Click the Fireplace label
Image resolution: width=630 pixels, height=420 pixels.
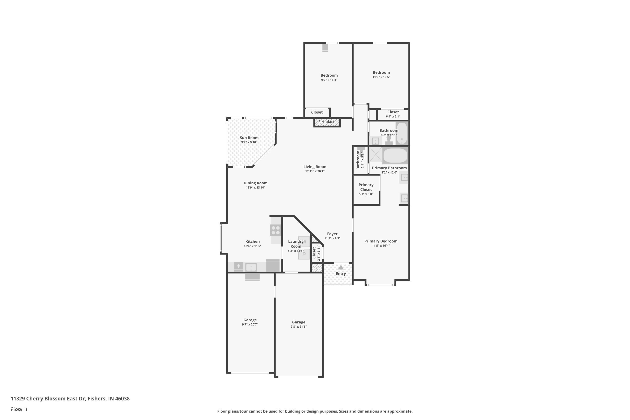pyautogui.click(x=327, y=122)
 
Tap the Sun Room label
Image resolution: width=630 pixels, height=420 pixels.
pyautogui.click(x=249, y=138)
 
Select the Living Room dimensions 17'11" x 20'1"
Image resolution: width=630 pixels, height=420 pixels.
pyautogui.click(x=315, y=171)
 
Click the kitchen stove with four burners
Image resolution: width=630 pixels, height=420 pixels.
pyautogui.click(x=276, y=230)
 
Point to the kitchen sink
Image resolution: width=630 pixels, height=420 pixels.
pyautogui.click(x=251, y=267)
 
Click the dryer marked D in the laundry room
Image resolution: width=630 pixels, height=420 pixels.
pyautogui.click(x=304, y=254)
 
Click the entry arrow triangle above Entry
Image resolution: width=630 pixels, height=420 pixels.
pyautogui.click(x=341, y=267)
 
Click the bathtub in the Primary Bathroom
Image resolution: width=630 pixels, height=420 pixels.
pyautogui.click(x=395, y=156)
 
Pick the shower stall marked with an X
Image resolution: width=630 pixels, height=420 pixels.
pyautogui.click(x=376, y=155)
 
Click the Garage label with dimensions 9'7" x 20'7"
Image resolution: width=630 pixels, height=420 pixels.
pyautogui.click(x=250, y=320)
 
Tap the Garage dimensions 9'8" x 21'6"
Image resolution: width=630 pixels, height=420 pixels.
pyautogui.click(x=299, y=327)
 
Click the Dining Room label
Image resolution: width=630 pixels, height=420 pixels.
pyautogui.click(x=256, y=183)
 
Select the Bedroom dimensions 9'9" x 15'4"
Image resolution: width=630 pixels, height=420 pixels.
pyautogui.click(x=329, y=80)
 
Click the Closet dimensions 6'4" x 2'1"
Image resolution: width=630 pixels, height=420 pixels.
pyautogui.click(x=393, y=117)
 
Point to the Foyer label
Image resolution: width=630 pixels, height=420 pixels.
pyautogui.click(x=332, y=234)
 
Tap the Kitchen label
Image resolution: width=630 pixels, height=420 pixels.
pyautogui.click(x=253, y=241)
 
